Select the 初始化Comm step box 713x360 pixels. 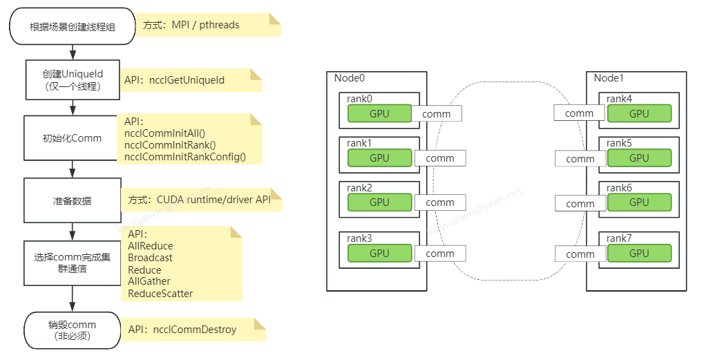click(73, 138)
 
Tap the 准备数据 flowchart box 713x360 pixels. click(73, 200)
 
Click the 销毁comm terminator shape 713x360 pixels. click(73, 330)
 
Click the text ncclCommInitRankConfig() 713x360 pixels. click(184, 157)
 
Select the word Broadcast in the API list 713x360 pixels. click(150, 258)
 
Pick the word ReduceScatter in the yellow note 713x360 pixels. click(160, 294)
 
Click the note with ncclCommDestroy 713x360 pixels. click(193, 330)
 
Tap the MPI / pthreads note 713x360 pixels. click(207, 25)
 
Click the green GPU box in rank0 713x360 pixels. click(379, 113)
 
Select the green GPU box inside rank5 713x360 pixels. click(639, 158)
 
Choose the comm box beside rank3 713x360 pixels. click(440, 254)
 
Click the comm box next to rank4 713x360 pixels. click(579, 113)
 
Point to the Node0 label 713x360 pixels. click(349, 78)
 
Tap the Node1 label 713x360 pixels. click(609, 78)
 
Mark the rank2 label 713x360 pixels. click(359, 188)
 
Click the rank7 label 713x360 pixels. click(619, 238)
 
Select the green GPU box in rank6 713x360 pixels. click(639, 202)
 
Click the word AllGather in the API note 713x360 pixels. click(149, 281)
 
